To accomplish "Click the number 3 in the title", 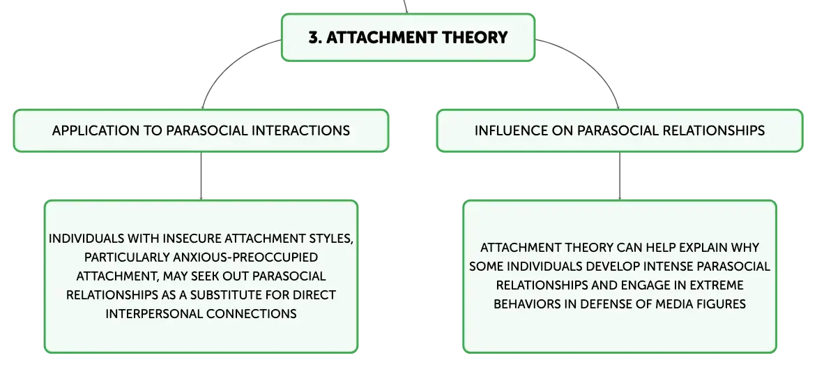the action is click(x=312, y=38).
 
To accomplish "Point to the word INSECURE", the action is click(x=192, y=239).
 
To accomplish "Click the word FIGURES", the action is click(x=721, y=304).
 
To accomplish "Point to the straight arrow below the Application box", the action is click(x=201, y=177).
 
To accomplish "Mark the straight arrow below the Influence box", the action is click(x=620, y=177).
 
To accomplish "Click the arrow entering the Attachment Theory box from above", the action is click(x=406, y=7).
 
